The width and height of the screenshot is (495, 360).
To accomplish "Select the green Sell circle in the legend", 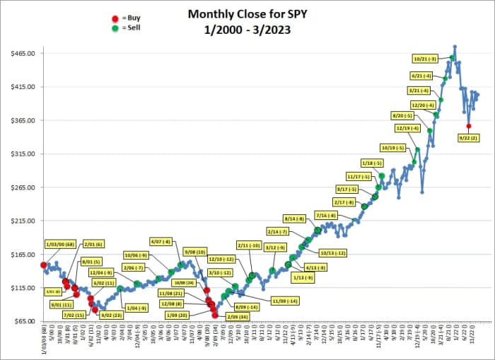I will pyautogui.click(x=115, y=28).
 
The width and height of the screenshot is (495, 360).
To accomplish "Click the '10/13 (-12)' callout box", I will pyautogui.click(x=332, y=252).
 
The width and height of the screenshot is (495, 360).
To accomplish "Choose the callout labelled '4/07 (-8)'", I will pyautogui.click(x=161, y=241).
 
